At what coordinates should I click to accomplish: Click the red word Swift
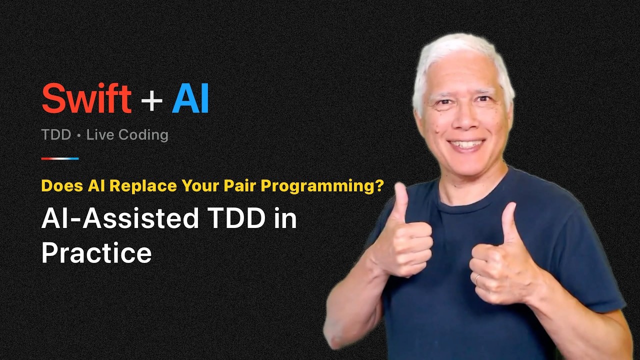(86, 98)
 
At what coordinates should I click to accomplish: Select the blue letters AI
(190, 98)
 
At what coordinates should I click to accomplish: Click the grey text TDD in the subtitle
(56, 134)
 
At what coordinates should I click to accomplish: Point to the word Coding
(143, 135)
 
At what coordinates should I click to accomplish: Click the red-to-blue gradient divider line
(60, 158)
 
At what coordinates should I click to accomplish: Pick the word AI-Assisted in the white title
(120, 218)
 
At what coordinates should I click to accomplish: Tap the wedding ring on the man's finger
(476, 279)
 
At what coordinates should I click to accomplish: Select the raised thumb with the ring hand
(510, 221)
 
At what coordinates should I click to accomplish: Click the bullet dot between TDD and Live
(79, 135)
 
